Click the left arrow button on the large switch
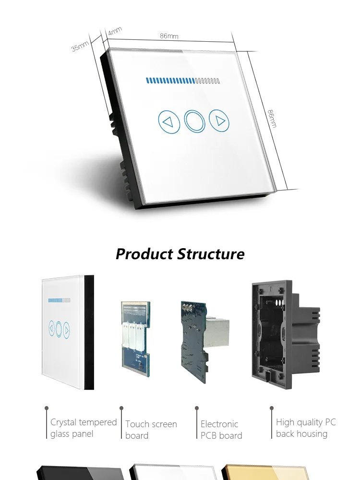pos(168,121)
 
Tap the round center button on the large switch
pos(194,121)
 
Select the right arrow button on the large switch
pos(220,120)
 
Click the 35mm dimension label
pos(80,46)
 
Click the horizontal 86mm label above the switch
pos(169,36)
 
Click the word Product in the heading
pos(144,253)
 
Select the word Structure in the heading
pos(211,253)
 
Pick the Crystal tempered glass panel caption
pos(84,428)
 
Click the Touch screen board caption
pos(151,430)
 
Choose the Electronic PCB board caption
pos(221,430)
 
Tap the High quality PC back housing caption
pos(306,428)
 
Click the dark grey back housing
pos(285,331)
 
